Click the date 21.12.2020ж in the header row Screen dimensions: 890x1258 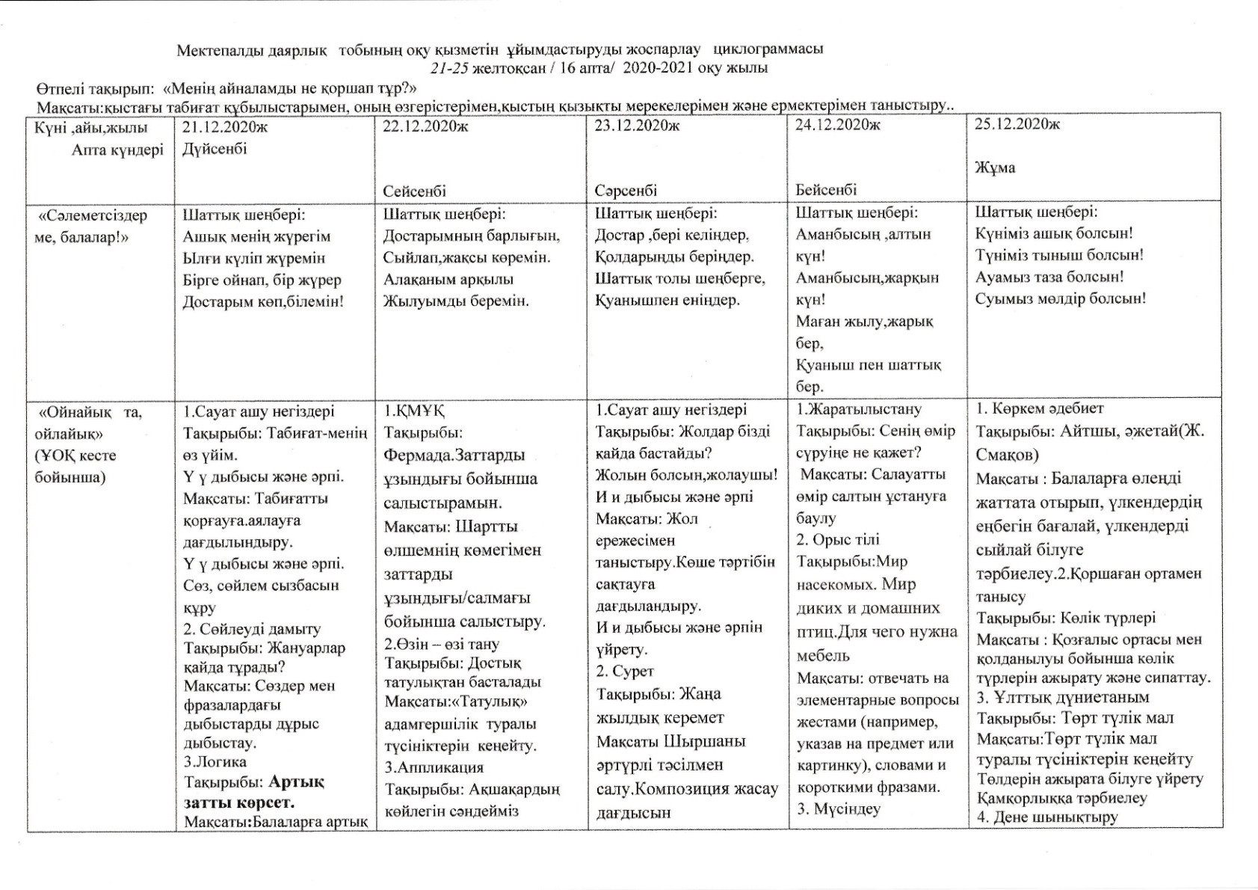(x=224, y=127)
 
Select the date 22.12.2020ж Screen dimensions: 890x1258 (x=425, y=126)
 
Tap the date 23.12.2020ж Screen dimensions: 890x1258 (x=637, y=126)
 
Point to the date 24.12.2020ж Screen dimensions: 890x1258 (x=837, y=125)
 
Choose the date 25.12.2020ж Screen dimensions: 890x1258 (x=1017, y=124)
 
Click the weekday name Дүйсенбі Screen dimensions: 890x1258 (x=215, y=149)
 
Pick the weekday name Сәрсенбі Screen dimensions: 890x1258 (x=626, y=191)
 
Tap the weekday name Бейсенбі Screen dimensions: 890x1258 (x=826, y=190)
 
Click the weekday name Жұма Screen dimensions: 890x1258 (x=995, y=168)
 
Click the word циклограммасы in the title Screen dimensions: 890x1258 (x=768, y=49)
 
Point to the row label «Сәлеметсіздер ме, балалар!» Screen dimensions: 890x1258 (x=92, y=227)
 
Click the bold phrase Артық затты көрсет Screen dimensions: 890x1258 (x=254, y=792)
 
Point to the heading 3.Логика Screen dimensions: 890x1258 (x=215, y=762)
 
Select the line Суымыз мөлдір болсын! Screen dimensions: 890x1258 (x=1060, y=298)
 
